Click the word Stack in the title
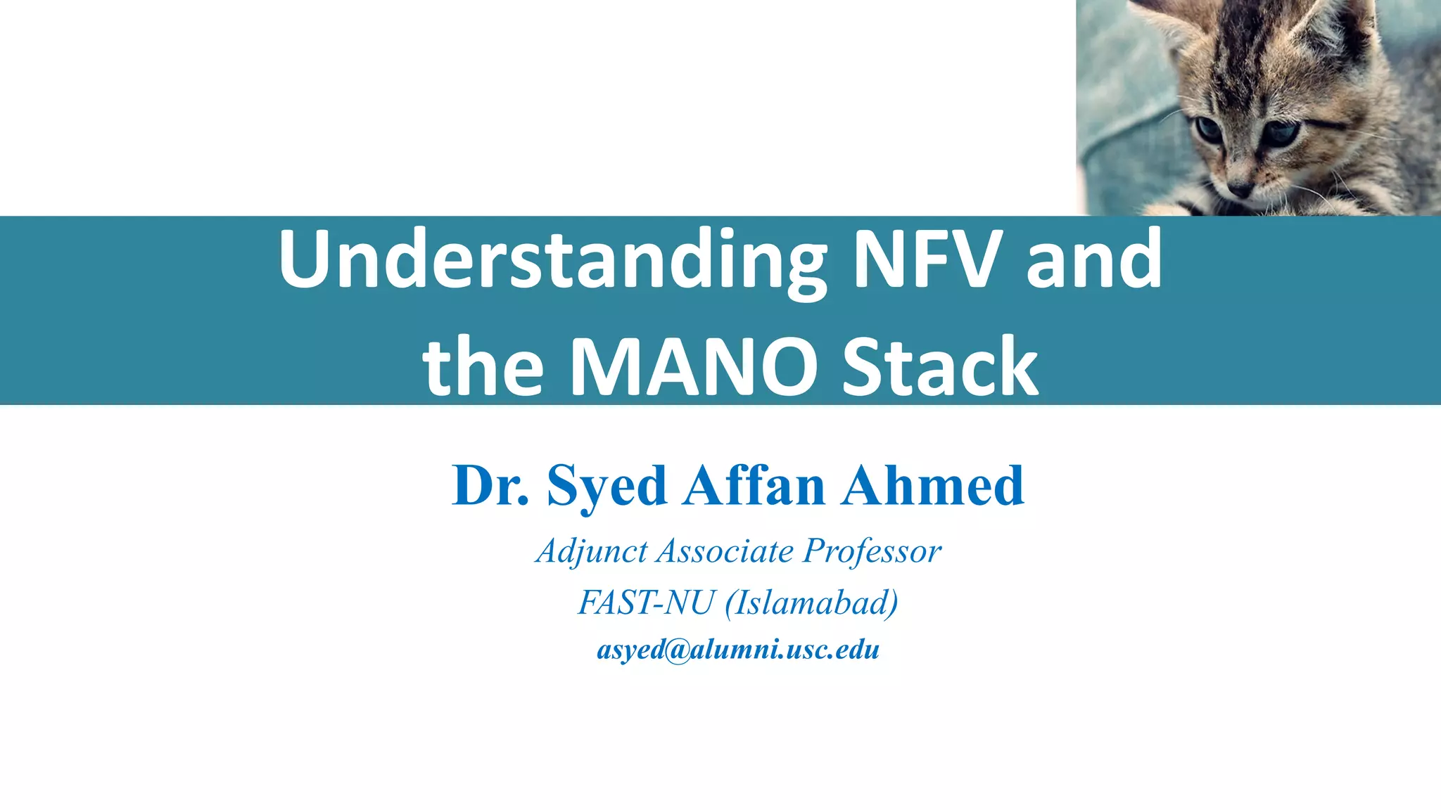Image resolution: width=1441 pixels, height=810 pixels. [940, 367]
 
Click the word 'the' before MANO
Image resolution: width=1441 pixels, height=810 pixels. [484, 367]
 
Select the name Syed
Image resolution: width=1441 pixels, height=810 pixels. [607, 487]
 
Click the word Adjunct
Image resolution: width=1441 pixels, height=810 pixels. [591, 551]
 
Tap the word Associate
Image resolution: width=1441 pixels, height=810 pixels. [725, 551]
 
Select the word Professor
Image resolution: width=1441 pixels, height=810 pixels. [872, 551]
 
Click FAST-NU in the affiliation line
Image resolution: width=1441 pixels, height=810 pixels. [646, 603]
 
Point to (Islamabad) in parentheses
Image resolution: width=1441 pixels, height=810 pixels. [812, 603]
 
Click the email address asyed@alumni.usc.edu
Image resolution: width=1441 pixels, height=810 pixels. [738, 649]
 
